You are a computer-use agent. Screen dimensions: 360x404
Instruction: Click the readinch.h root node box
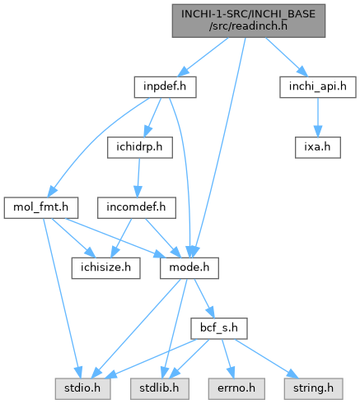[x=249, y=21]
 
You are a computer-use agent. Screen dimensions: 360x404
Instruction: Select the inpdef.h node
[x=165, y=87]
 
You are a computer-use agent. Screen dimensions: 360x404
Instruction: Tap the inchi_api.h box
[x=318, y=87]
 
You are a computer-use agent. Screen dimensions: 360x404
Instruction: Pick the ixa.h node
[x=318, y=147]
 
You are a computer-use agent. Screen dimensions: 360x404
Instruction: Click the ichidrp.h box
[x=140, y=147]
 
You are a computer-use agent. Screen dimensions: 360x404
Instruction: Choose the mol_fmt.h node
[x=41, y=207]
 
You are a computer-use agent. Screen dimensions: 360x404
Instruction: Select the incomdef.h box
[x=137, y=207]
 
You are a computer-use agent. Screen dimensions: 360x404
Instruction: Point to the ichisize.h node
[x=106, y=268]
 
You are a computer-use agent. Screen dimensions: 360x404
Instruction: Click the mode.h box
[x=189, y=268]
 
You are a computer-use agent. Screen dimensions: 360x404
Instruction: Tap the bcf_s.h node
[x=219, y=328]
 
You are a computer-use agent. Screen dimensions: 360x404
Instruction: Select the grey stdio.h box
[x=82, y=388]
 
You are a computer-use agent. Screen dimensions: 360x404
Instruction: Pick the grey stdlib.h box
[x=160, y=388]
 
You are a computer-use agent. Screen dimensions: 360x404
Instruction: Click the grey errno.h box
[x=236, y=388]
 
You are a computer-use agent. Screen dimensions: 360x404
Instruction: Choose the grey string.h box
[x=313, y=388]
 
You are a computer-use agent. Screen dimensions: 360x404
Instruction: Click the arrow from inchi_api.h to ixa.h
[x=318, y=117]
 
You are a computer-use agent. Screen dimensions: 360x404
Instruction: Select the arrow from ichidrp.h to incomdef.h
[x=138, y=178]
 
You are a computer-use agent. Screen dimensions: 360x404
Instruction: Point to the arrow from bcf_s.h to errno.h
[x=228, y=359]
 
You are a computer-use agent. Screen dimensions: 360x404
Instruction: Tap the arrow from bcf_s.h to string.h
[x=266, y=359]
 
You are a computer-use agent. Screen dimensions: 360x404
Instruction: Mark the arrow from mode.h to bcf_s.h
[x=204, y=299]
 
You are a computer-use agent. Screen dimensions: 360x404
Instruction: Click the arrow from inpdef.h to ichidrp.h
[x=152, y=117]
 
